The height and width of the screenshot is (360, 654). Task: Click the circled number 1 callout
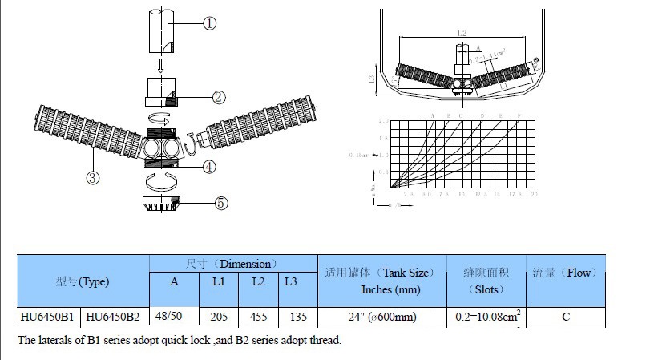pyautogui.click(x=209, y=24)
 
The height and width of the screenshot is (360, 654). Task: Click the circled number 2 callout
pyautogui.click(x=218, y=97)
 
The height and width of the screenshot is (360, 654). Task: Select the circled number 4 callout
pyautogui.click(x=209, y=167)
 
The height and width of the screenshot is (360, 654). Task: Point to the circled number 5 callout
pyautogui.click(x=221, y=202)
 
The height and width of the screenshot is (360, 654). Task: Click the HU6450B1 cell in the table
pyautogui.click(x=47, y=317)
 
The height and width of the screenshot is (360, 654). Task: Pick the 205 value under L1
pyautogui.click(x=218, y=317)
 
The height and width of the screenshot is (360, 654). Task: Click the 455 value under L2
pyautogui.click(x=258, y=317)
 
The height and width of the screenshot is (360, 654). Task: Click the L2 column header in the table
pyautogui.click(x=258, y=282)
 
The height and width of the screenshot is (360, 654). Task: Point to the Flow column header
pyautogui.click(x=564, y=273)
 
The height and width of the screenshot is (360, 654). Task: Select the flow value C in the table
pyautogui.click(x=565, y=317)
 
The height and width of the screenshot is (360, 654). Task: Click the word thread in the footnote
pyautogui.click(x=323, y=340)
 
